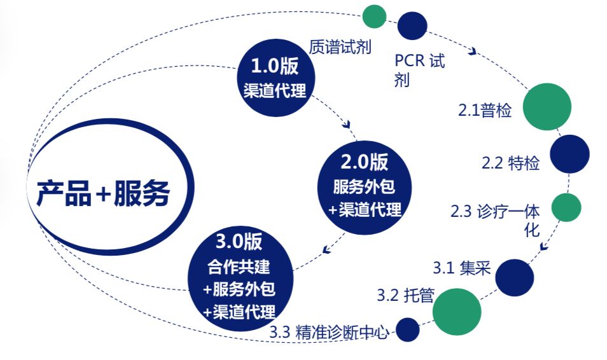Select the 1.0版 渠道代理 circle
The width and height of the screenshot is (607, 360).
pos(276,78)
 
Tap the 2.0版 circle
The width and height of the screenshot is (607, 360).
pos(365,188)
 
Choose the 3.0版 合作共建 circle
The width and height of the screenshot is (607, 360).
pos(241,279)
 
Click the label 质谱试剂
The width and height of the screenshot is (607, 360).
pos(340,47)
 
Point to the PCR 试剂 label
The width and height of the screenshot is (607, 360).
pos(420,71)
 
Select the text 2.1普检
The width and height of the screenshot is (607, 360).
pos(485,110)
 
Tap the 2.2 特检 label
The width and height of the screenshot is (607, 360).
pos(511,163)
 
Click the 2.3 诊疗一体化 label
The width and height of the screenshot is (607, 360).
pos(495,220)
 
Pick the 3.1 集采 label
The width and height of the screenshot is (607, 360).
pos(461,268)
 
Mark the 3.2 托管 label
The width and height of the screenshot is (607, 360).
pos(405,295)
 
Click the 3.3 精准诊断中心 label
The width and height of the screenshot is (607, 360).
pos(329,333)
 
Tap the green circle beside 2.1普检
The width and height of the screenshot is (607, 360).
pos(547,107)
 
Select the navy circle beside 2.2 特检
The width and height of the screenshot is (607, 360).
pos(570,154)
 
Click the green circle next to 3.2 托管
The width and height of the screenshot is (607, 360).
pos(457,312)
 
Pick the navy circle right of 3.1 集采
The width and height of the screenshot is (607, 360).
pos(515,277)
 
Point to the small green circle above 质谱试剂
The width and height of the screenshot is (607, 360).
pos(374,17)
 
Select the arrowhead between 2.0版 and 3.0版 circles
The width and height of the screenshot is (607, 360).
pos(327,250)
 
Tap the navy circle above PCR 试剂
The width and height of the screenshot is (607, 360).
pos(412,26)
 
